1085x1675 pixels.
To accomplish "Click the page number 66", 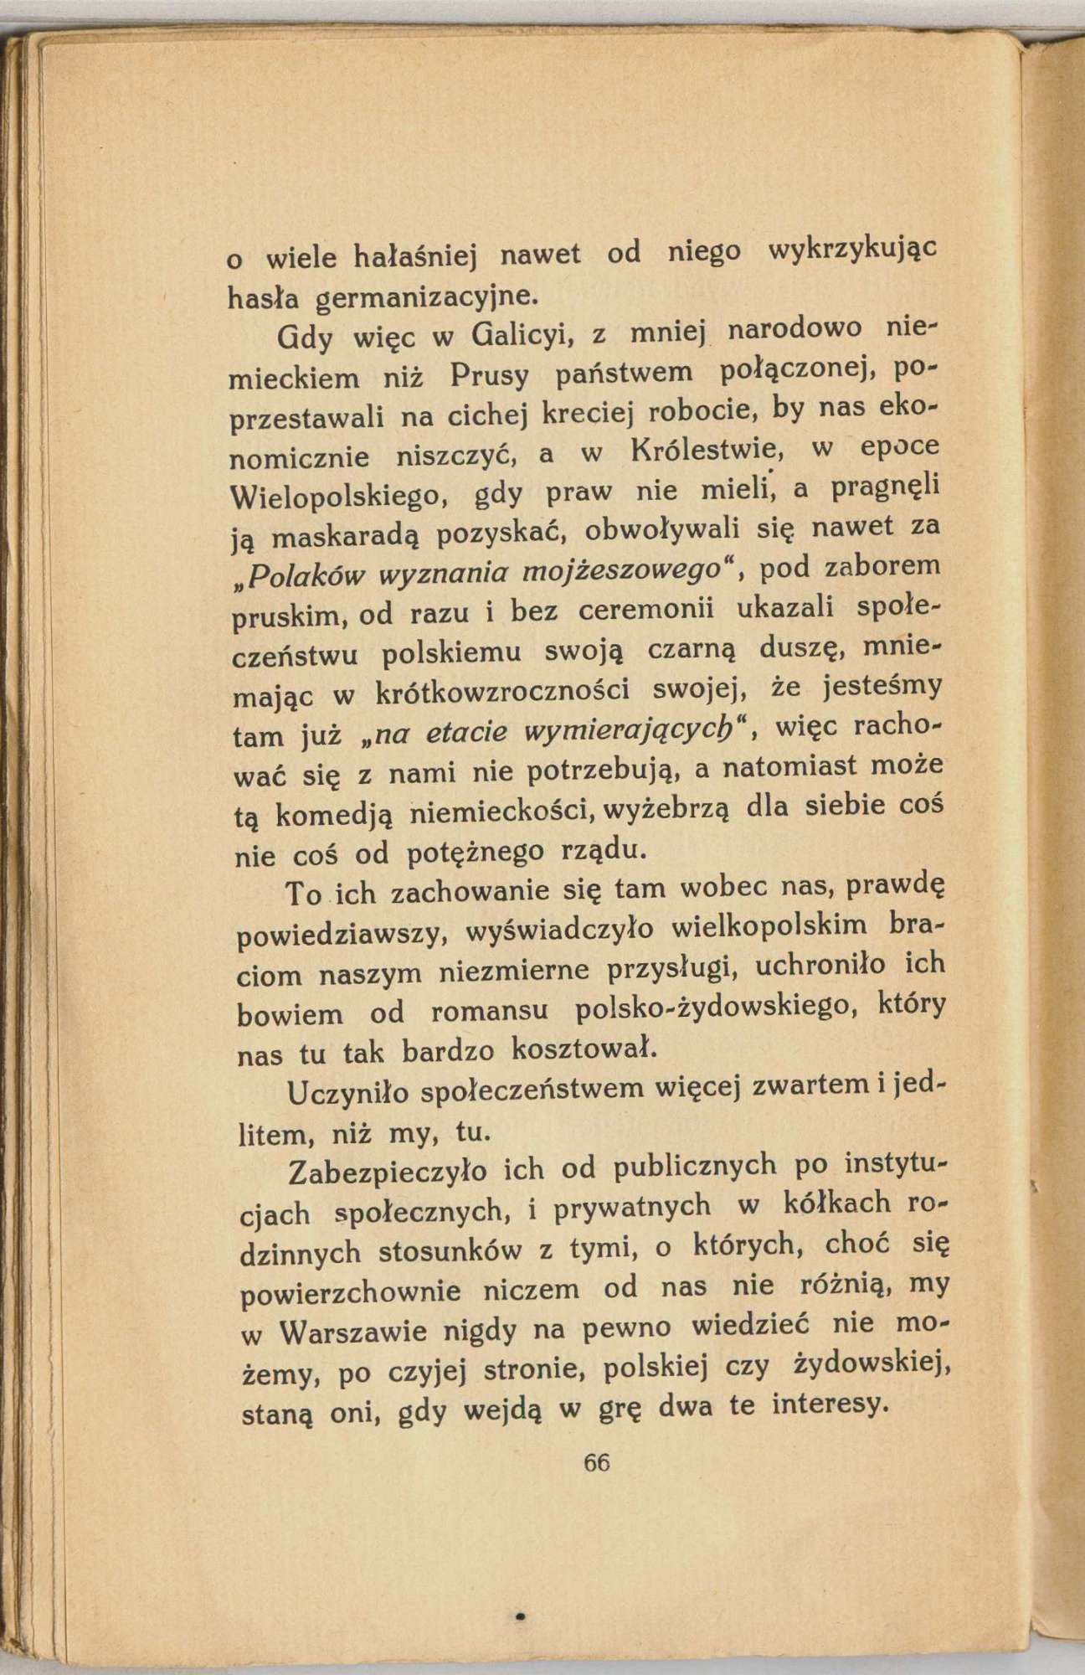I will [x=598, y=1462].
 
